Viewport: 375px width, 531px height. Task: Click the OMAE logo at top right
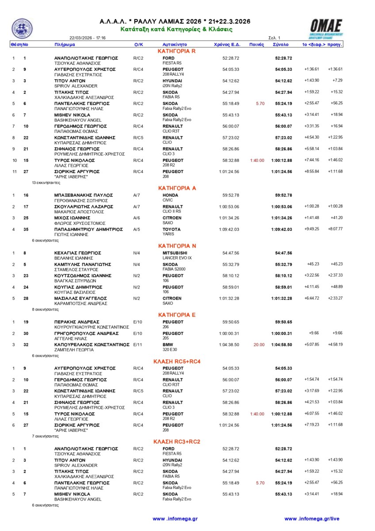point(326,27)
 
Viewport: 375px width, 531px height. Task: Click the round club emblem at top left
point(22,29)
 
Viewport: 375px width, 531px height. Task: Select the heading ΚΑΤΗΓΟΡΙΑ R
point(177,51)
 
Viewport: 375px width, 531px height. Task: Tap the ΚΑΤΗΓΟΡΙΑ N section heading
point(177,246)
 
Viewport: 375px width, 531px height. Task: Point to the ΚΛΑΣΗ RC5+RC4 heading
point(177,361)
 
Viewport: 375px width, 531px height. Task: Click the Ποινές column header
point(256,45)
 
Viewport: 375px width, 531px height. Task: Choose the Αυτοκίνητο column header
point(175,45)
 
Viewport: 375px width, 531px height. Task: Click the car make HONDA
point(170,195)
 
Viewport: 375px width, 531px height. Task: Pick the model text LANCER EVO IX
point(177,258)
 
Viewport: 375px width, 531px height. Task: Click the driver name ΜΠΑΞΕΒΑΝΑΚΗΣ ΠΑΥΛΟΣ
point(84,195)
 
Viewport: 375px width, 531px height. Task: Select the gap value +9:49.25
point(312,230)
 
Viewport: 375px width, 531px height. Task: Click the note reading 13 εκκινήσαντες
point(46,182)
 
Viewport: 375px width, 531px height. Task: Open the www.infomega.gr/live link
point(312,519)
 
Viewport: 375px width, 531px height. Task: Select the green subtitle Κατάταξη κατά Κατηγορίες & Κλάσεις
point(177,29)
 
